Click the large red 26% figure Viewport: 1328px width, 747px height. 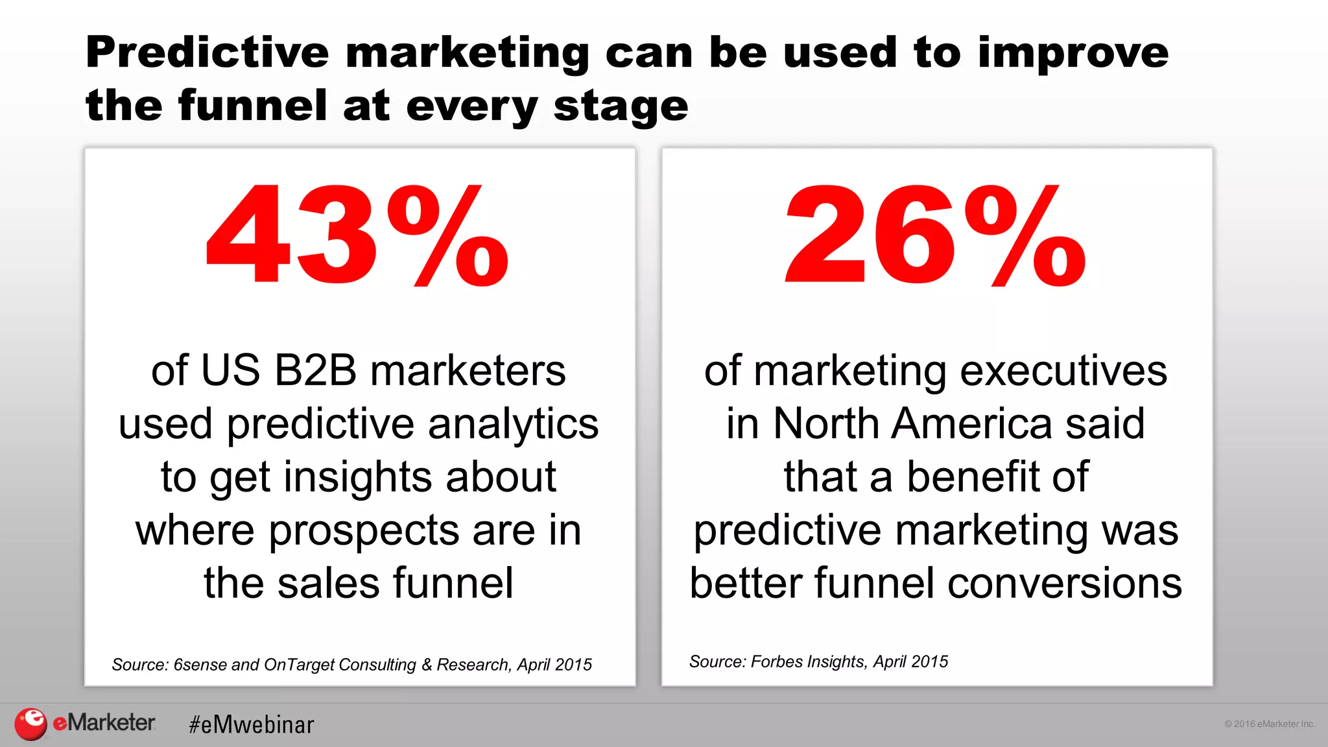935,236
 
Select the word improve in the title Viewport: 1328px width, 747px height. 1073,53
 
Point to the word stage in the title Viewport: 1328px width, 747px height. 621,107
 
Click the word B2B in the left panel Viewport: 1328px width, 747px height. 315,371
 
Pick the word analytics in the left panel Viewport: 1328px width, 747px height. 513,425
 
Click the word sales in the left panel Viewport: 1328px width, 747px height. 328,583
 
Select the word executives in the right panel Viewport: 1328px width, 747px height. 1063,371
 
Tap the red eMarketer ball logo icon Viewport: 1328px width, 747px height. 30,724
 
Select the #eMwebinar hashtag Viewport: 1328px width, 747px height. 251,724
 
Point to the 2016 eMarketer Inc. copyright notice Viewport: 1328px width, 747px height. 1269,724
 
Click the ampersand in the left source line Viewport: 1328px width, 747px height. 426,665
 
